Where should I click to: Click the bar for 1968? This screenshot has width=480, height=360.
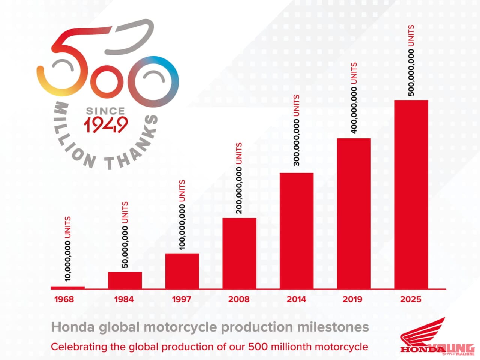click(68, 288)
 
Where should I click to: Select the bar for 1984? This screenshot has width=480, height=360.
click(125, 280)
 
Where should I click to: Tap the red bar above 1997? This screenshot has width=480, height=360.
click(182, 271)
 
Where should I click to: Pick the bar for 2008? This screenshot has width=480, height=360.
click(240, 253)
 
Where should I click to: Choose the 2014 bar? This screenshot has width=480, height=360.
click(297, 231)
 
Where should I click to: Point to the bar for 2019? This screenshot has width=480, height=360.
click(354, 213)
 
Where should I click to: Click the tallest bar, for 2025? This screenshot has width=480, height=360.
click(411, 194)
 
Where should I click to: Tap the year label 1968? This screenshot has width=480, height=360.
click(64, 299)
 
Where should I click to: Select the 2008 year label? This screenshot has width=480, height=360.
click(239, 299)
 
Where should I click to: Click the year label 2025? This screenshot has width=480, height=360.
click(411, 299)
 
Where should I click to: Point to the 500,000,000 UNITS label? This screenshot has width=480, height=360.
click(411, 61)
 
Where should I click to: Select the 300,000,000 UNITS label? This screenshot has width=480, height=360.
click(296, 130)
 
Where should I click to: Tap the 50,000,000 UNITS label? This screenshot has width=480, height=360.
click(125, 235)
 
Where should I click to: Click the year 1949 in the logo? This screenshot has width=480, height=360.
click(105, 125)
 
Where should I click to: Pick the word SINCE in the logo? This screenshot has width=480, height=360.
click(105, 111)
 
